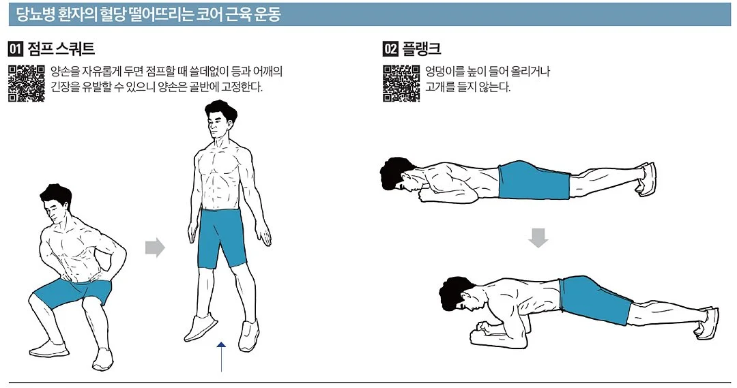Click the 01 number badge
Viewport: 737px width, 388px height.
[16, 48]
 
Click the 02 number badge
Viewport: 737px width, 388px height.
[390, 48]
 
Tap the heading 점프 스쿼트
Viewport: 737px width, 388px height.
[61, 48]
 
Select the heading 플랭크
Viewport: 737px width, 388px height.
[421, 48]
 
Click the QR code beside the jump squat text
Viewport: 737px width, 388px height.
[27, 83]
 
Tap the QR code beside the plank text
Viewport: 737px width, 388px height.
[401, 83]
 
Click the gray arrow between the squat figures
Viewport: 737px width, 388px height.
[155, 248]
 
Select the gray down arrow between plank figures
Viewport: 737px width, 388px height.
[538, 238]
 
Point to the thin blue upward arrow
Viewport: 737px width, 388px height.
[221, 357]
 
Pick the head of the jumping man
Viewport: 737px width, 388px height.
[220, 120]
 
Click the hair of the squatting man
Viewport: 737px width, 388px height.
[55, 194]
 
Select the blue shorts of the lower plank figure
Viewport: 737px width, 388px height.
[595, 299]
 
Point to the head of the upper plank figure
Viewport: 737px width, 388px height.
[399, 174]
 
